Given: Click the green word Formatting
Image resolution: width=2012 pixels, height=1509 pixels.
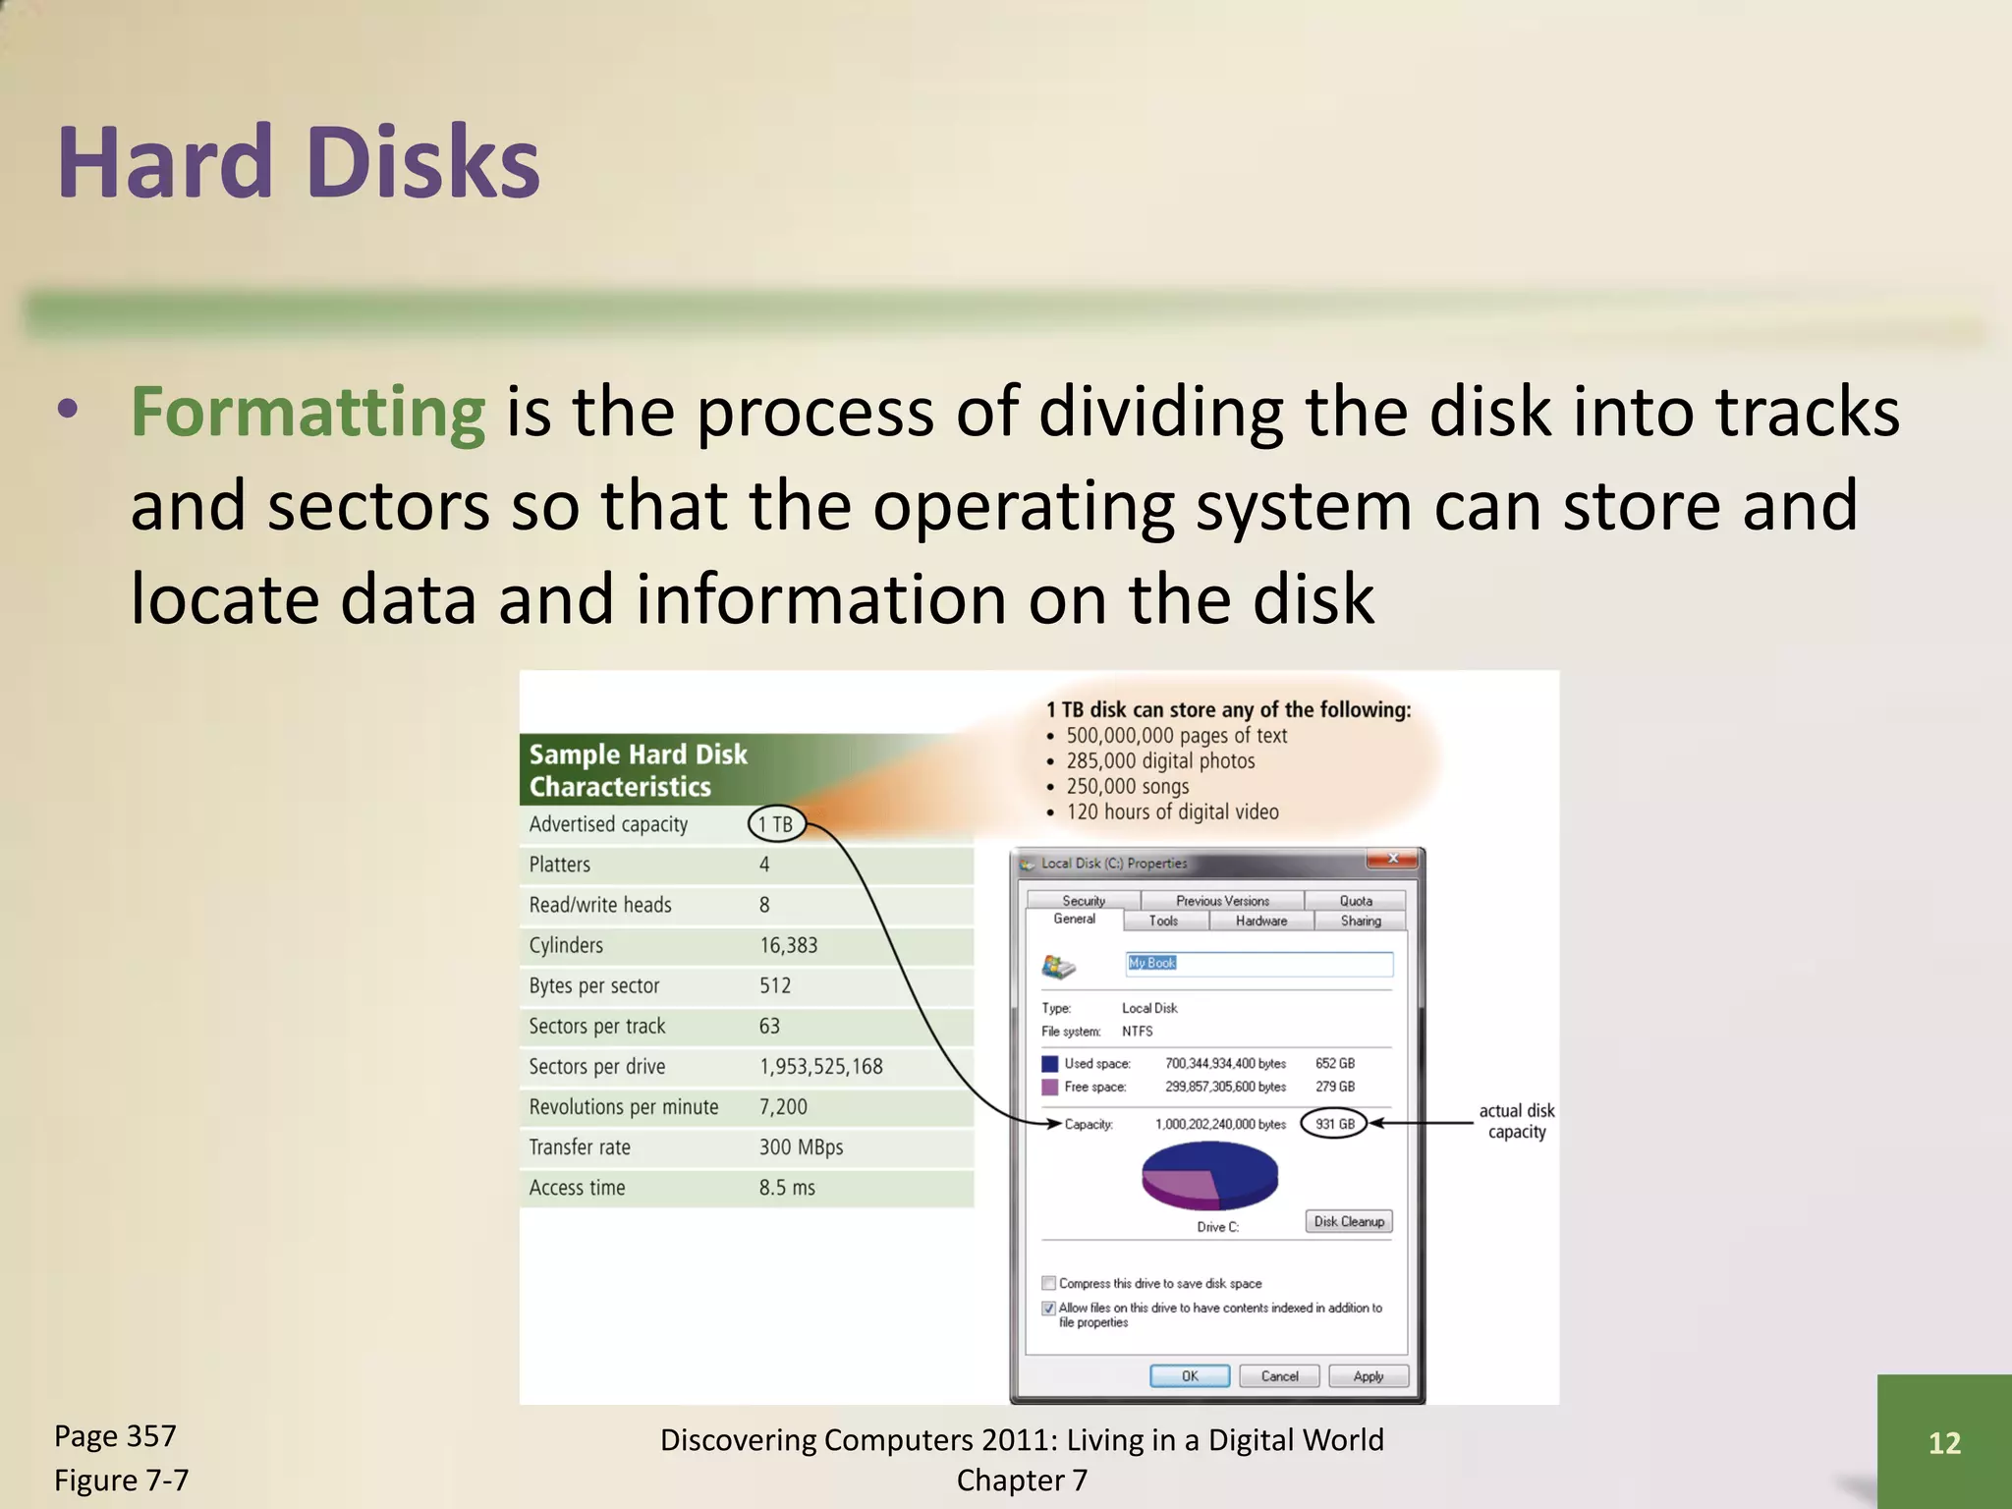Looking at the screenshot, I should tap(307, 413).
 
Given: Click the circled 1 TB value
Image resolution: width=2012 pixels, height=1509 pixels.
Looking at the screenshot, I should tap(776, 824).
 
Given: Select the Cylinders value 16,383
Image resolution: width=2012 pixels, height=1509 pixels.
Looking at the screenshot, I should tap(788, 945).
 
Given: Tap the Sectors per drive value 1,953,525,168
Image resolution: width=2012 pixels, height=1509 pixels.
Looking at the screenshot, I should tap(820, 1067).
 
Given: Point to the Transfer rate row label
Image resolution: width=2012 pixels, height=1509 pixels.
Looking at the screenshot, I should tap(580, 1147).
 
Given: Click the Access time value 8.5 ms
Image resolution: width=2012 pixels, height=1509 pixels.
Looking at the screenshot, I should tap(787, 1188).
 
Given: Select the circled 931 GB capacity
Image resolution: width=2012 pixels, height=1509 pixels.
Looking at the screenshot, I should tap(1334, 1124).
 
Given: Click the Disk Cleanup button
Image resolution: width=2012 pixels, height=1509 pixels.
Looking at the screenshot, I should tap(1349, 1221).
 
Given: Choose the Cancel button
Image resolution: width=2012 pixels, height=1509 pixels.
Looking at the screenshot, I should tap(1279, 1376).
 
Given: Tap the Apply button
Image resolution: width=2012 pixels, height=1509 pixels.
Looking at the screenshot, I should tap(1368, 1376).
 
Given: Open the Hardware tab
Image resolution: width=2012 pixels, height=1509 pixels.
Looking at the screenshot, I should tap(1260, 921).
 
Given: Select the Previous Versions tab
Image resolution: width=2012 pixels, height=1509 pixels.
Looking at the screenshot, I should tap(1222, 901).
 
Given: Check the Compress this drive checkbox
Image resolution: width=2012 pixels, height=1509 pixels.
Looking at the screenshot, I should tap(1048, 1283).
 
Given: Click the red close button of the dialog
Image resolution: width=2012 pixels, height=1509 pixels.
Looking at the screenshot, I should tap(1392, 860).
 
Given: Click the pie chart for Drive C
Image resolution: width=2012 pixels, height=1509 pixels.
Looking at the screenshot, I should tap(1209, 1176).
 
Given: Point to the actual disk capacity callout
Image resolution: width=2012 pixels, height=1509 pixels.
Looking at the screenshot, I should tap(1516, 1121).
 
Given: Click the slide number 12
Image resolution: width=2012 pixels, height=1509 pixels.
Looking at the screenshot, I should tap(1944, 1442).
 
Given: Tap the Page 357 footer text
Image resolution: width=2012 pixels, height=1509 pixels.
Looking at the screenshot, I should tap(115, 1436).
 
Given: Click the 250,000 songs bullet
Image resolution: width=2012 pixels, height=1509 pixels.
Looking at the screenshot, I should tap(1127, 786).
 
